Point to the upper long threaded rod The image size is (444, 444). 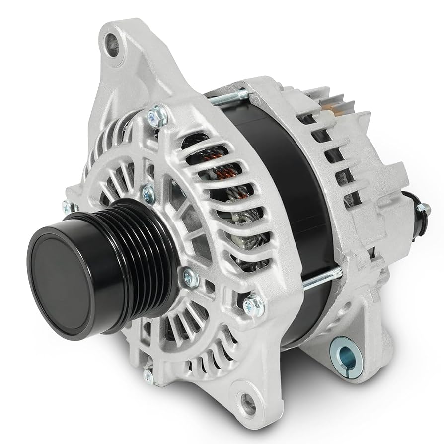tap(226, 98)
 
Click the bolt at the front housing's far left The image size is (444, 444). tap(67, 207)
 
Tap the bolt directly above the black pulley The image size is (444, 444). tap(148, 193)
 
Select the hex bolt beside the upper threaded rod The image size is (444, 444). tap(158, 115)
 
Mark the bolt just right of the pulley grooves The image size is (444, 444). tap(191, 277)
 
